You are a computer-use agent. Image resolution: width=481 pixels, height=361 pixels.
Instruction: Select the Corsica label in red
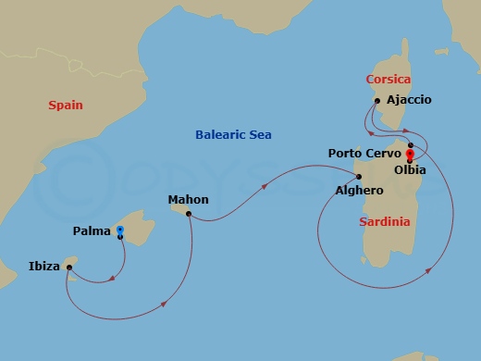tap(388, 80)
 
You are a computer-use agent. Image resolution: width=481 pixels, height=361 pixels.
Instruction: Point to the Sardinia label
tap(386, 222)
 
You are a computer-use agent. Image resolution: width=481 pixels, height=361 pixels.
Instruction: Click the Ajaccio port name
tap(410, 99)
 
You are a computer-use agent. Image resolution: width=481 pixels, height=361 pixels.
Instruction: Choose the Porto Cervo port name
tap(364, 152)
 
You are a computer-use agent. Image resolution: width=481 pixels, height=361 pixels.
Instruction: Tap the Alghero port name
tap(360, 190)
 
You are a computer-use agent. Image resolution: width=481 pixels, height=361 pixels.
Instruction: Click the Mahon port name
tap(188, 199)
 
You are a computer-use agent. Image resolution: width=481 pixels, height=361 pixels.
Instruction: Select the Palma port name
tap(92, 230)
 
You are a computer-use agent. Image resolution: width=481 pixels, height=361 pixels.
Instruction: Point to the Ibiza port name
tap(44, 268)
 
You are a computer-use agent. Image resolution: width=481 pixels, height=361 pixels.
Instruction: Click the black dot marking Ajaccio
tap(377, 101)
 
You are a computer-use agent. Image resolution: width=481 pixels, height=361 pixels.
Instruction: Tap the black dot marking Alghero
tap(359, 176)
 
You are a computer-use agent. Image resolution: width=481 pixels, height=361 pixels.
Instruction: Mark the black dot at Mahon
tap(188, 214)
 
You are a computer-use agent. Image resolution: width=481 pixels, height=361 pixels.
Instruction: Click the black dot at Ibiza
tap(69, 268)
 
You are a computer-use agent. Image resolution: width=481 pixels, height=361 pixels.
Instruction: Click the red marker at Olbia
tap(410, 155)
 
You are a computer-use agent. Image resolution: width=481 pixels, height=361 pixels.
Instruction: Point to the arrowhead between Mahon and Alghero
tap(266, 186)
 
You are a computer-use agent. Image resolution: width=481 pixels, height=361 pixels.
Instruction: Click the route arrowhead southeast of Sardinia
tap(431, 269)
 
